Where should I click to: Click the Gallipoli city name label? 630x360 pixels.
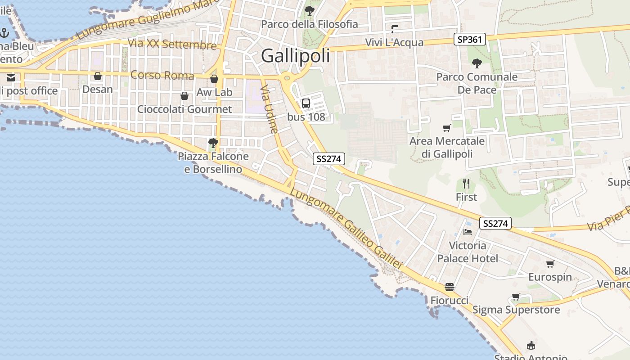[x=295, y=56]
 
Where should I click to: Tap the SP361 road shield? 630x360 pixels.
[x=470, y=39]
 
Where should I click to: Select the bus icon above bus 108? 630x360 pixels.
[x=306, y=103]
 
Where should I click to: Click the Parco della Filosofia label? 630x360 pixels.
[x=310, y=24]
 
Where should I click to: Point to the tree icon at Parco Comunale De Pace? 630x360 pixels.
[x=477, y=63]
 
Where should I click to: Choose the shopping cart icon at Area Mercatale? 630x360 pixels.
[x=447, y=128]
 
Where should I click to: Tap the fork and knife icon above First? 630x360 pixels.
[x=466, y=184]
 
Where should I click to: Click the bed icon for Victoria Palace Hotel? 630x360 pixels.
[x=468, y=232]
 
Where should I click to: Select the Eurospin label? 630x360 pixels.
[x=550, y=277]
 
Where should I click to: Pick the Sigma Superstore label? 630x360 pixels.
[x=516, y=310]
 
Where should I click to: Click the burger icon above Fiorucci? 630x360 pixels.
[x=449, y=287]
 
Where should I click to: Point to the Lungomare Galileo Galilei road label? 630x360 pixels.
[x=345, y=229]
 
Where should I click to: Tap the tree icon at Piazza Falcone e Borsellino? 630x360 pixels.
[x=213, y=143]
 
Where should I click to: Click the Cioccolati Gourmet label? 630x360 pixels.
[x=184, y=109]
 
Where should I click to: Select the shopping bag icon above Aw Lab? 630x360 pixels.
[x=214, y=79]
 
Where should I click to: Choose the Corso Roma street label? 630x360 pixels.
[x=162, y=75]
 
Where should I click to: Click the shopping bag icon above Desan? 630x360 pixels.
[x=98, y=76]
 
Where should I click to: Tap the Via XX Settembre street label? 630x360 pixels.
[x=172, y=44]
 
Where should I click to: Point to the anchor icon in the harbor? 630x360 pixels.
[x=4, y=33]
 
